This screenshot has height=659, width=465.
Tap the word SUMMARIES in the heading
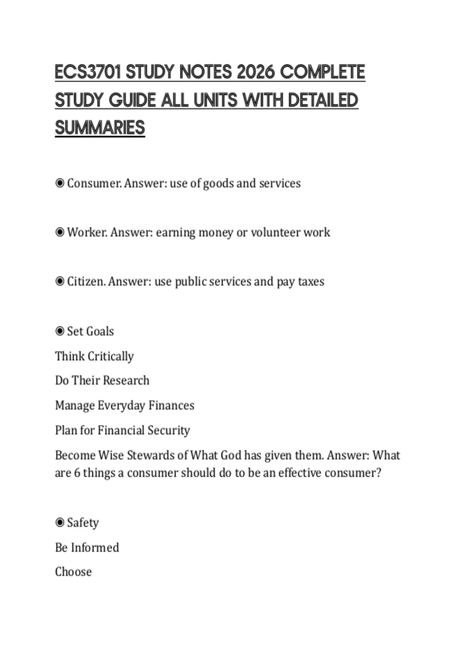(100, 128)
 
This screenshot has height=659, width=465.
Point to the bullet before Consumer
(60, 183)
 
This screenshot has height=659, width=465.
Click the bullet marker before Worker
(60, 232)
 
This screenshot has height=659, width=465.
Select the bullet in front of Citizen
(60, 281)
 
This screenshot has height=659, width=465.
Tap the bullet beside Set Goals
(60, 331)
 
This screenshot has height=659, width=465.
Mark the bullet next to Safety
(60, 523)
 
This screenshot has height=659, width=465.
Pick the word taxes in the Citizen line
(311, 281)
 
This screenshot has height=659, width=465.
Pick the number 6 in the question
(77, 473)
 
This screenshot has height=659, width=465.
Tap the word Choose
(73, 572)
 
